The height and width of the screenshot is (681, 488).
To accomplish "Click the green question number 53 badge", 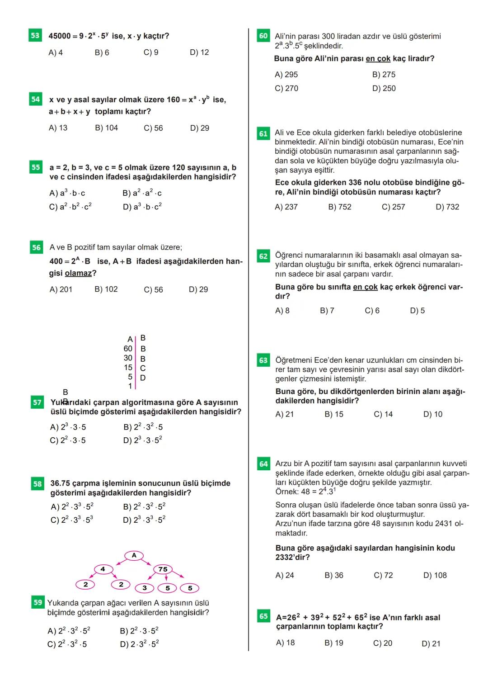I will pos(35,35).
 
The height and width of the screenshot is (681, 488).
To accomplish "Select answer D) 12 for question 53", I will pos(199,52).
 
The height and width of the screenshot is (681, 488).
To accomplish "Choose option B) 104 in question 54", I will pos(106,128).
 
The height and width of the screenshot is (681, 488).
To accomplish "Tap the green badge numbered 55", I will pos(36,167).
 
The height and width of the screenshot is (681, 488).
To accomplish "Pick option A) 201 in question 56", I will pos(61,289).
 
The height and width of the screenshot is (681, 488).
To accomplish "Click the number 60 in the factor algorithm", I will pos(128,349).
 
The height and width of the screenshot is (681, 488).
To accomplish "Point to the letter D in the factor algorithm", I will pos(143,378).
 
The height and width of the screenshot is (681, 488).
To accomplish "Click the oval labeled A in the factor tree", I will pos(134,555).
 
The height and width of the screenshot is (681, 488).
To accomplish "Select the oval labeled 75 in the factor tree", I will pos(163,569).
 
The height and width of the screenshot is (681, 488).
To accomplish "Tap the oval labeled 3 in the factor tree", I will pos(145,588).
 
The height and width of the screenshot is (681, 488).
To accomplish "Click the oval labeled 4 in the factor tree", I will pos(103,569).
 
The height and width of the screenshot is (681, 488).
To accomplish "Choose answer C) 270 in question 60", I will pos(286,88).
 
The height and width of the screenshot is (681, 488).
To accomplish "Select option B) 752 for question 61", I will pos(339,207).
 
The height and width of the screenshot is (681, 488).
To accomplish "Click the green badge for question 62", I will pos(263,256).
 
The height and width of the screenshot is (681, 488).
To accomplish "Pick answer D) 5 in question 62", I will pos(417,311).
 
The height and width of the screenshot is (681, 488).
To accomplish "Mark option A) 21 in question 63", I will pos(284,414).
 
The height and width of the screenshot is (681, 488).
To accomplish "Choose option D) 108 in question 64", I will pos(435,575).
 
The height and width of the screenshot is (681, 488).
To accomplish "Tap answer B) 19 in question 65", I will pos(333,643).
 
